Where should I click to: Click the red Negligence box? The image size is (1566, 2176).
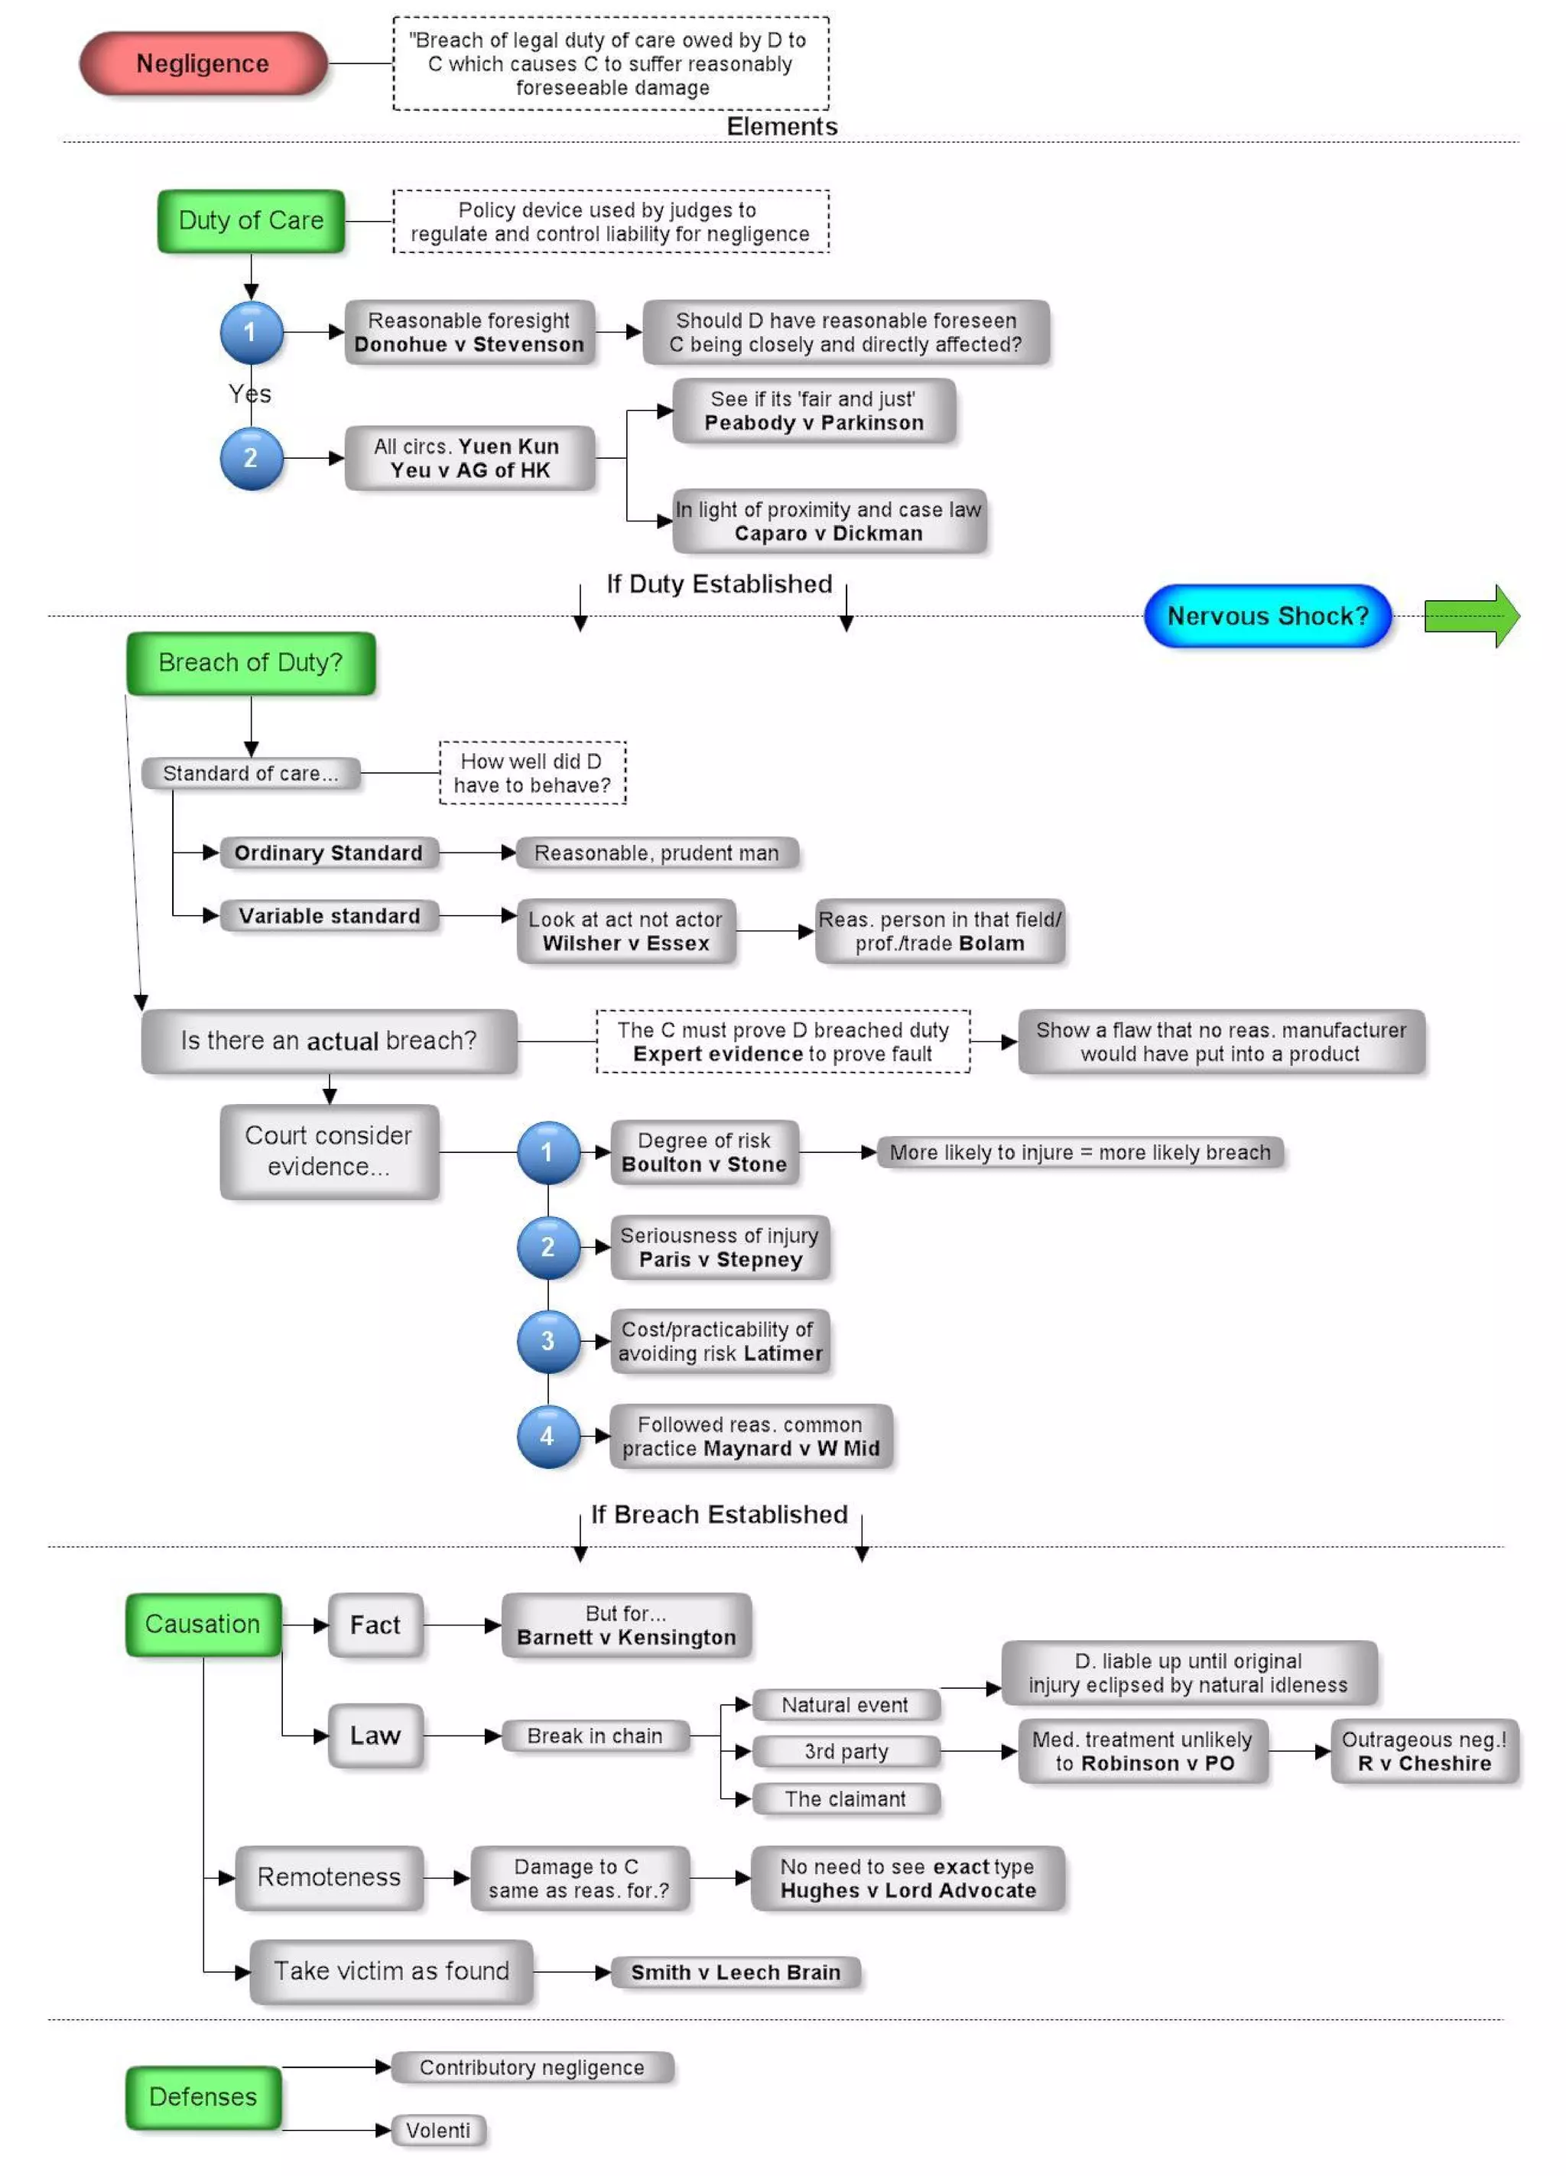pyautogui.click(x=203, y=63)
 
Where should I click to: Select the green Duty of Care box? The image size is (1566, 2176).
pyautogui.click(x=251, y=221)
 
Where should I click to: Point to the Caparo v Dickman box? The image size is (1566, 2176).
pyautogui.click(x=828, y=521)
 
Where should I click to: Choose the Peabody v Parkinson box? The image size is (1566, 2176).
pyautogui.click(x=813, y=411)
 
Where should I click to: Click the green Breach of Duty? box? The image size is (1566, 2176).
pyautogui.click(x=251, y=662)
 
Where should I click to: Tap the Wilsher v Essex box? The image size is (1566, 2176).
pyautogui.click(x=625, y=930)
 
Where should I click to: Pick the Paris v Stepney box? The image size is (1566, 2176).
pyautogui.click(x=720, y=1247)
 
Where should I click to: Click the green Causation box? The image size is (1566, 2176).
pyautogui.click(x=203, y=1623)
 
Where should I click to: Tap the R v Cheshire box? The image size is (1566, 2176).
pyautogui.click(x=1423, y=1751)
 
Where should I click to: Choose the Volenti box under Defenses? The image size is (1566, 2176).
pyautogui.click(x=437, y=2130)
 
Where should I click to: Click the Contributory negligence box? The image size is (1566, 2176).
pyautogui.click(x=531, y=2067)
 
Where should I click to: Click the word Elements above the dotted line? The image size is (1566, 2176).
pyautogui.click(x=781, y=127)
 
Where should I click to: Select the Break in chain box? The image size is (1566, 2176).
pyautogui.click(x=594, y=1735)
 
